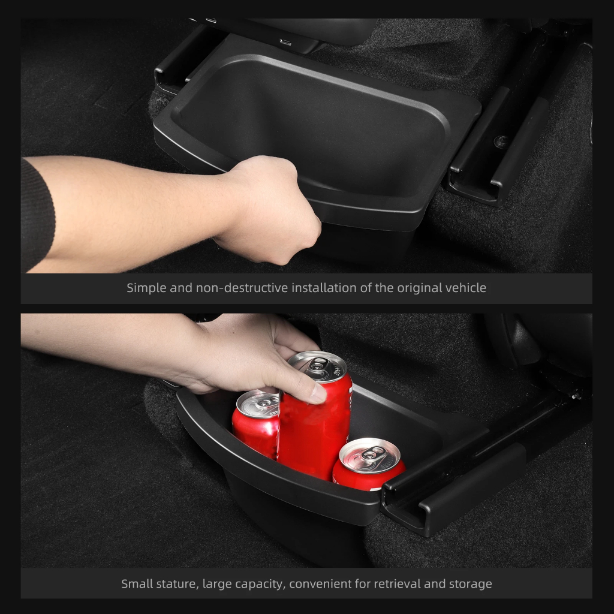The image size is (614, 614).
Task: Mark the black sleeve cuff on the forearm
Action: click(x=37, y=215)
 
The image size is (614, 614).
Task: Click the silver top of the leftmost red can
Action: click(x=258, y=404)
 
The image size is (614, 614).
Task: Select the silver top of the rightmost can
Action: click(x=369, y=456)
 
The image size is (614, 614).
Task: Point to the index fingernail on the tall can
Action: click(x=318, y=393)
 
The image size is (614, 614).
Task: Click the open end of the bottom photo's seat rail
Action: click(x=404, y=509)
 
